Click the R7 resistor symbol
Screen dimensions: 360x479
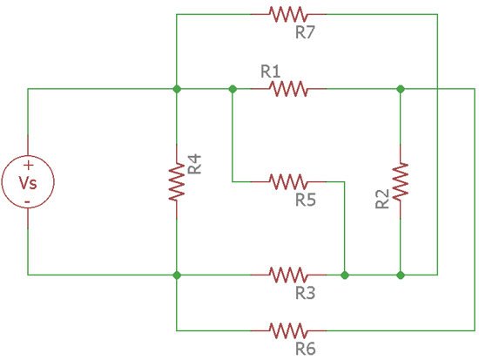click(x=288, y=14)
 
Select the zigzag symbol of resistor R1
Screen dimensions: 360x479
click(x=288, y=88)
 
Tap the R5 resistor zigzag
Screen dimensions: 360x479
click(x=288, y=181)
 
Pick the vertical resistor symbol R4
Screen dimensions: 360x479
click(x=177, y=181)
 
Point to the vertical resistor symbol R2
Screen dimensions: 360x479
click(x=401, y=181)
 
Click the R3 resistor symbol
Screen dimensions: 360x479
click(x=288, y=275)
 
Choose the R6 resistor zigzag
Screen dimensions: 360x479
click(x=288, y=330)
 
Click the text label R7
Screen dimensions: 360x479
click(x=306, y=33)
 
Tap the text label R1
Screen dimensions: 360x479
click(x=271, y=70)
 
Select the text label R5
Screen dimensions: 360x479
click(x=306, y=200)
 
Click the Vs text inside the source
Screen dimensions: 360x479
click(x=28, y=181)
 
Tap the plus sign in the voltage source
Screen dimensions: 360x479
click(x=28, y=164)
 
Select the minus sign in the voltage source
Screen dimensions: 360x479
click(x=28, y=200)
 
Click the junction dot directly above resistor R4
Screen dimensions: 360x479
click(x=177, y=88)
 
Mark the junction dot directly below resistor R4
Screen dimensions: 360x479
click(x=177, y=275)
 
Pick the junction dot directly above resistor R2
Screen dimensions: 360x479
click(x=401, y=88)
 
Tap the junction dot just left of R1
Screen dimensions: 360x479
click(x=233, y=88)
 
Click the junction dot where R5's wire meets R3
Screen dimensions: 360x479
click(x=345, y=275)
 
